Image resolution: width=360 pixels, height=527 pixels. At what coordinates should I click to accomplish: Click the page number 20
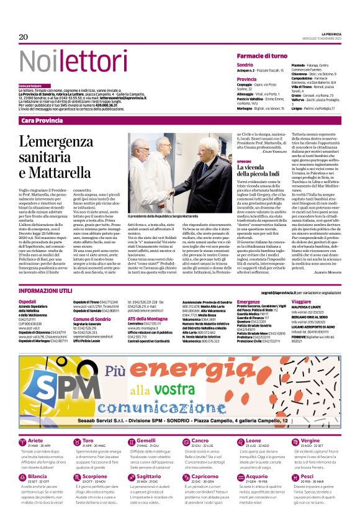coord(24,37)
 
